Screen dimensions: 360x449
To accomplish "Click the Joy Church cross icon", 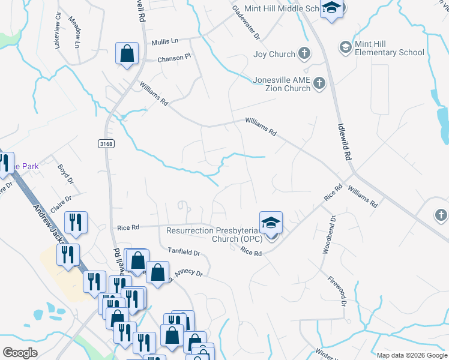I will pyautogui.click(x=304, y=54).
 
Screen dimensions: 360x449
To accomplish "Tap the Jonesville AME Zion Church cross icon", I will pyautogui.click(x=319, y=83).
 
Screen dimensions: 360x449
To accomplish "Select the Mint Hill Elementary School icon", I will pyautogui.click(x=345, y=47).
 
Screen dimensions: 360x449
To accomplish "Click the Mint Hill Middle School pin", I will pyautogui.click(x=331, y=8).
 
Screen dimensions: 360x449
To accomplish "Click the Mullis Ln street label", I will pyautogui.click(x=165, y=41).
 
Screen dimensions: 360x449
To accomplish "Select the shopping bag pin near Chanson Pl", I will pyautogui.click(x=127, y=54).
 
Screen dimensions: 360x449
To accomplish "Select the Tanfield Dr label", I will pyautogui.click(x=184, y=254).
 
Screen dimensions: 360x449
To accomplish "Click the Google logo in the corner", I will pyautogui.click(x=20, y=353).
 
